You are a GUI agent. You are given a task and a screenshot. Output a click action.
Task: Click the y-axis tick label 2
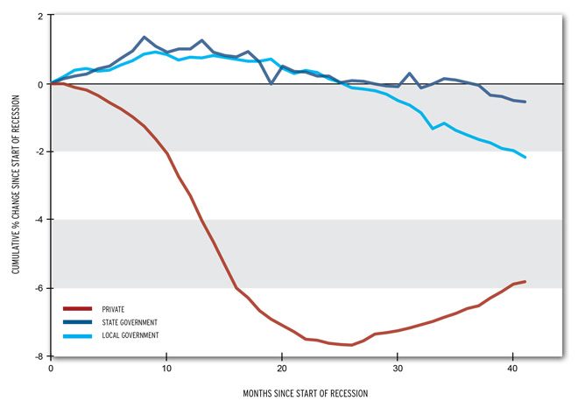click(x=40, y=16)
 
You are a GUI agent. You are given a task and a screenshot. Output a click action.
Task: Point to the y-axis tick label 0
click(x=40, y=84)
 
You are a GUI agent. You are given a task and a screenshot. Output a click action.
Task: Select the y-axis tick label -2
click(x=39, y=152)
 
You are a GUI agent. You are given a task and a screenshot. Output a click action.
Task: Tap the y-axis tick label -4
click(x=39, y=220)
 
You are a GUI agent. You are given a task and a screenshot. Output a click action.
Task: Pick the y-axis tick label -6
click(x=39, y=288)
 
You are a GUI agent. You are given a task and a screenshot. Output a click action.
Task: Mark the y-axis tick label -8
click(x=39, y=356)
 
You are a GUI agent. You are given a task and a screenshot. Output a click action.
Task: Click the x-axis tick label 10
click(x=166, y=369)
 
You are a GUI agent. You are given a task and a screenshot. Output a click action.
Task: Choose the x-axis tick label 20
click(x=282, y=369)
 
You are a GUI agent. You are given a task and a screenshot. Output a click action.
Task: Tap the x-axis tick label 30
click(x=398, y=369)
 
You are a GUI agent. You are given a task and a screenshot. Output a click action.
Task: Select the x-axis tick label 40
click(x=512, y=369)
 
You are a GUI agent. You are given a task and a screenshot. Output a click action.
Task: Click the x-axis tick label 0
click(x=52, y=369)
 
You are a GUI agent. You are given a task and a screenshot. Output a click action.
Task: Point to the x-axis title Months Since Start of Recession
click(x=306, y=394)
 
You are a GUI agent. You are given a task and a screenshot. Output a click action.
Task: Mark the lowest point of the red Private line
click(x=351, y=345)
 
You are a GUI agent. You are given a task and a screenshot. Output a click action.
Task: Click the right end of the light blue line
click(x=525, y=157)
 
